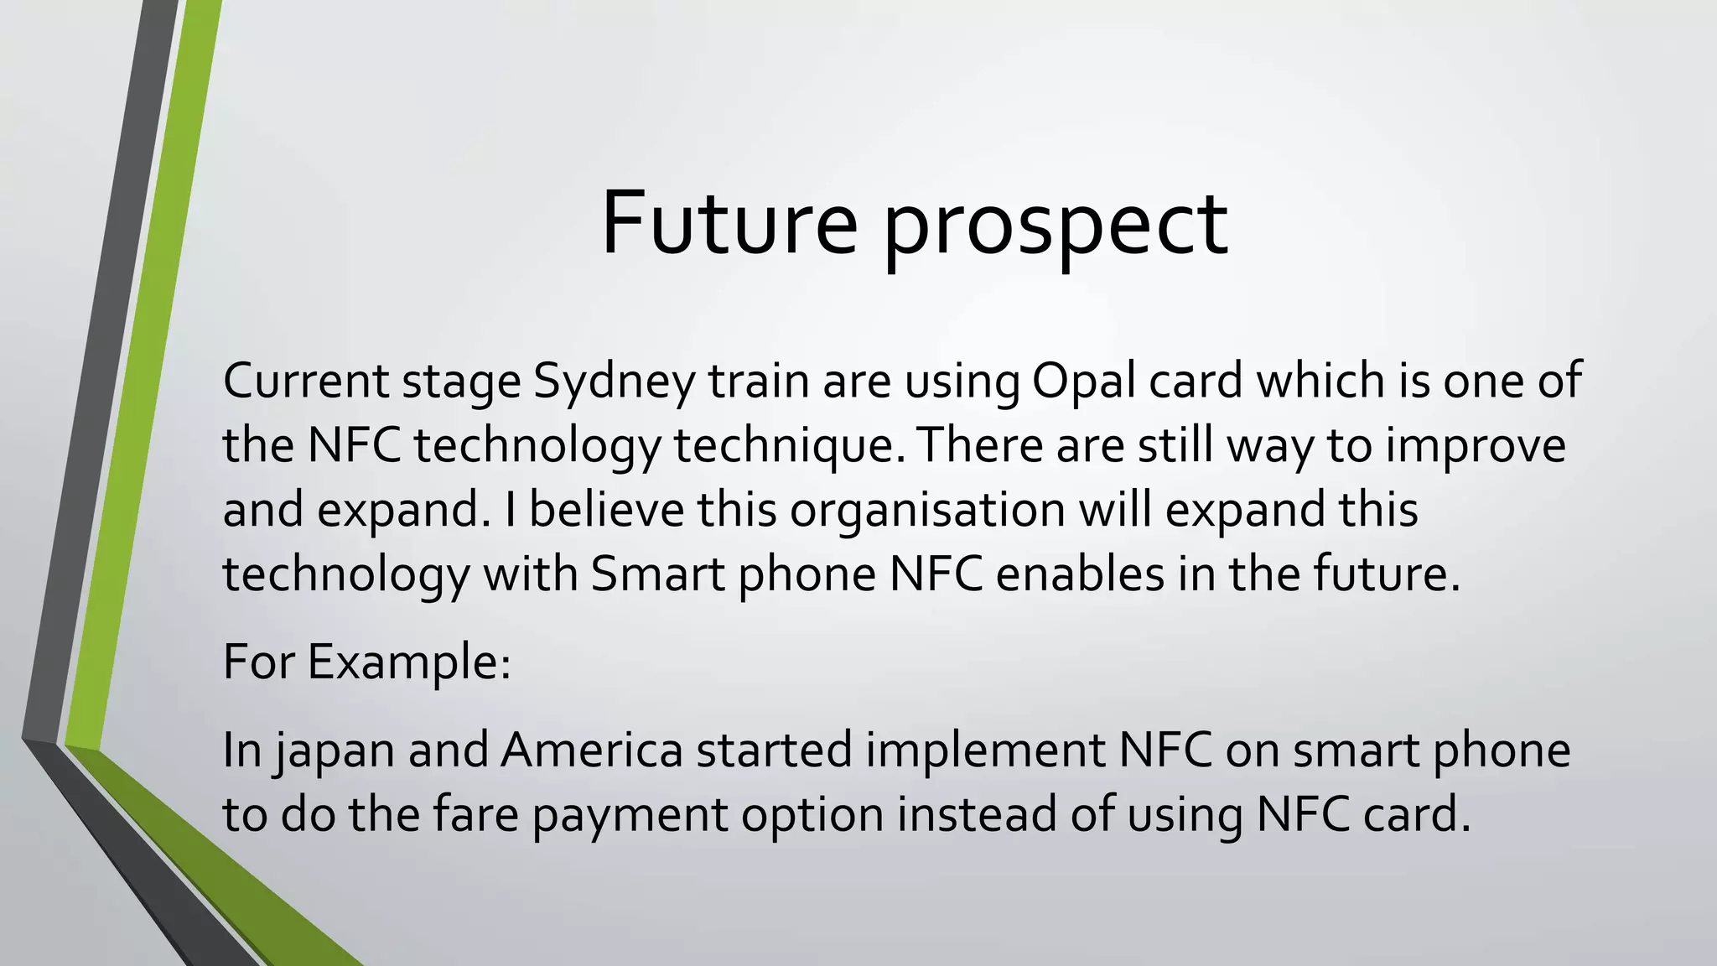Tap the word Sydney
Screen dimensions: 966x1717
pyautogui.click(x=615, y=381)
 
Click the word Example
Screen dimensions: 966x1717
pyautogui.click(x=408, y=662)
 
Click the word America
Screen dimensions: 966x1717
pyautogui.click(x=592, y=750)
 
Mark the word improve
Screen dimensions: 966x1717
pyautogui.click(x=1475, y=445)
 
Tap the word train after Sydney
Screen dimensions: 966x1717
pyautogui.click(x=759, y=381)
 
